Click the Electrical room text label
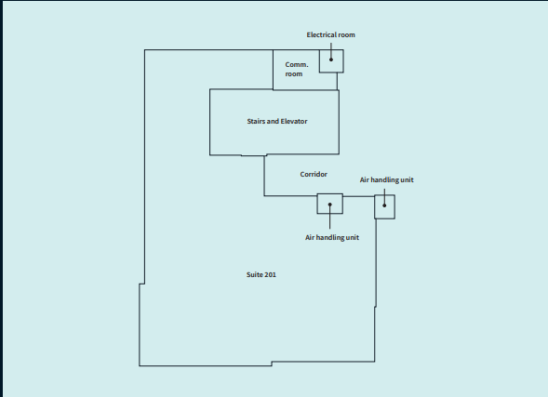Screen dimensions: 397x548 (331, 34)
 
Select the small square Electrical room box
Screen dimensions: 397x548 (331, 60)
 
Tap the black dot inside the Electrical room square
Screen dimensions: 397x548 (331, 59)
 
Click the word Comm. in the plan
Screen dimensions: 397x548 (296, 64)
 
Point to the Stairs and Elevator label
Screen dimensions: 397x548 (277, 122)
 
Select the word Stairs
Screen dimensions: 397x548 (256, 122)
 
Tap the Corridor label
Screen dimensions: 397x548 (314, 174)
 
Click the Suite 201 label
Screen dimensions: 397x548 (261, 275)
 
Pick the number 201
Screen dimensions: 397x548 (270, 275)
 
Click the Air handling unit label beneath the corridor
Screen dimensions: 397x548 (332, 238)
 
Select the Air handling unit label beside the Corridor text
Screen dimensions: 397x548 (387, 179)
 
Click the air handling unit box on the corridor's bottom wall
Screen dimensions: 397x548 (330, 203)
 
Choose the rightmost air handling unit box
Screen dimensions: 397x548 (384, 206)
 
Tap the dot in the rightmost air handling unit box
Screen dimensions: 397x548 (384, 205)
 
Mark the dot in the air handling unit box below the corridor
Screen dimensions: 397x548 (330, 203)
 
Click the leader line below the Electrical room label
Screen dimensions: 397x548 (331, 46)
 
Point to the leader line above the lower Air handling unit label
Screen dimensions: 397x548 (330, 219)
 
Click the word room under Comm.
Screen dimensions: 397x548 (293, 73)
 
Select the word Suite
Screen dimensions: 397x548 (254, 275)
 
